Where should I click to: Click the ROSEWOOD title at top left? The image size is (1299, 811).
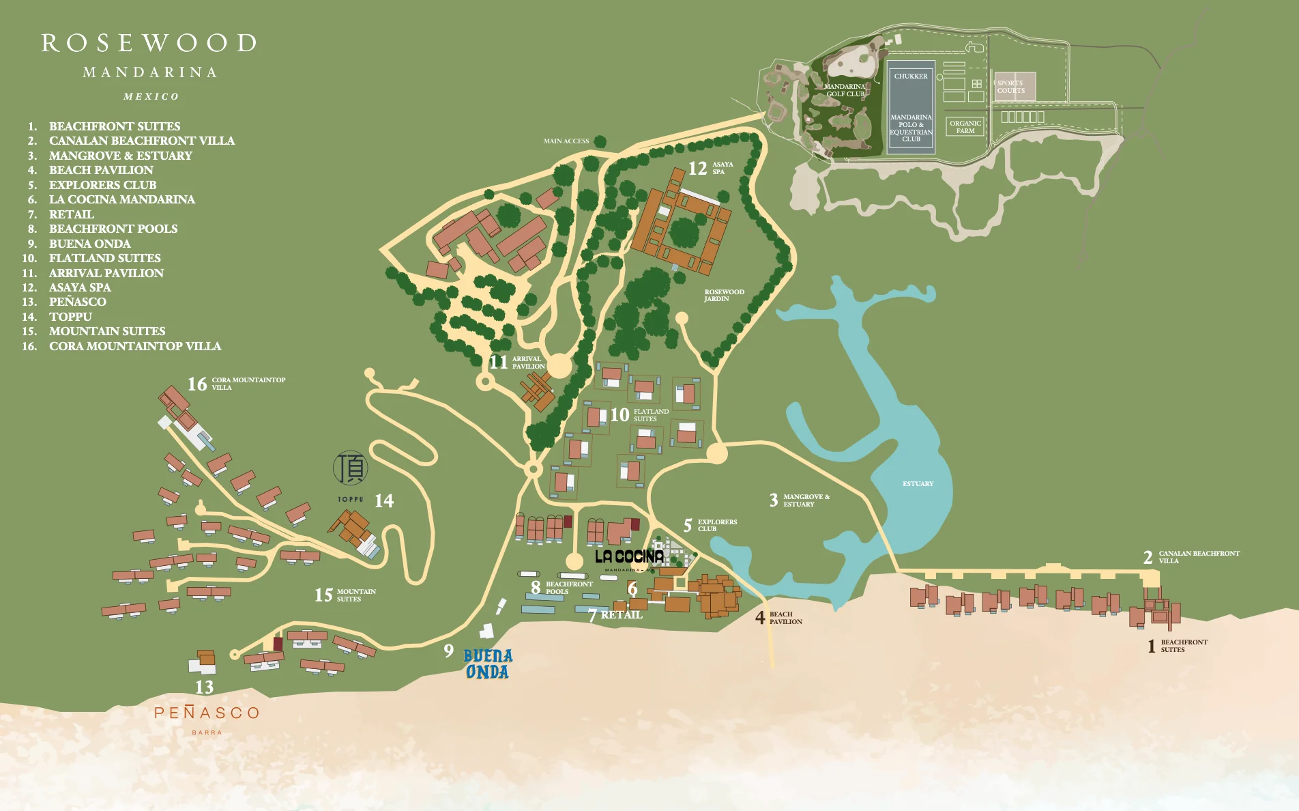tap(149, 44)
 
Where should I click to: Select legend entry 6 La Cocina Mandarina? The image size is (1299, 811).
tap(121, 199)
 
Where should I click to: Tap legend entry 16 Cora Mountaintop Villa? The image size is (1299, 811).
tap(134, 346)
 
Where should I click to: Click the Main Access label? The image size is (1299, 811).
tap(566, 141)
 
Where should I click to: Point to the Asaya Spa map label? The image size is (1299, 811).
tap(723, 168)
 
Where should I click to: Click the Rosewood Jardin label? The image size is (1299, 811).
tap(724, 296)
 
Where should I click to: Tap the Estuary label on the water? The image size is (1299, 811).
tap(918, 484)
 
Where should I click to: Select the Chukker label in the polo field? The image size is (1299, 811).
tap(911, 76)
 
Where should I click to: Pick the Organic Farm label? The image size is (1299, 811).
tap(965, 127)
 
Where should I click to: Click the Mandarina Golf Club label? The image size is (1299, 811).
tap(844, 90)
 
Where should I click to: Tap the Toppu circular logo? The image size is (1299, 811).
tap(350, 468)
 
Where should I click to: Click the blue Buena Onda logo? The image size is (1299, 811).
tap(487, 664)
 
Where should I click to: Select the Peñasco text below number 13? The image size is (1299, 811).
tap(207, 713)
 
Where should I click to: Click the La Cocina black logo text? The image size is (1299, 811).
tap(629, 557)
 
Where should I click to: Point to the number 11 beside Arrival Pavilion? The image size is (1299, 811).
tap(498, 362)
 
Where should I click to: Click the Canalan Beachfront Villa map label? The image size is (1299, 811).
tap(1198, 557)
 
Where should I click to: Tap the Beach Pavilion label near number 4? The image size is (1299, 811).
tap(785, 618)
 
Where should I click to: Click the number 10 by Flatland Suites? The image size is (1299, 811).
tap(619, 415)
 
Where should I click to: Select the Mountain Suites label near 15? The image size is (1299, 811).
tap(355, 595)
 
